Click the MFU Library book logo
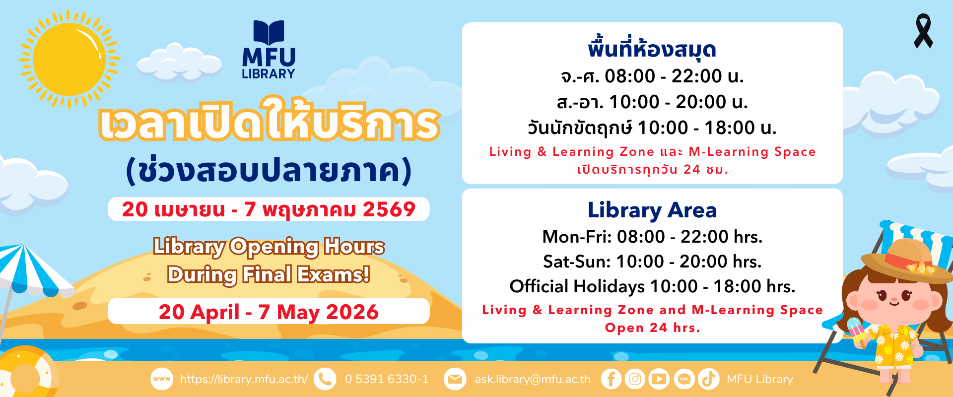[x=269, y=50]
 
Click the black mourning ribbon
[x=923, y=31]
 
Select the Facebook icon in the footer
[x=611, y=379]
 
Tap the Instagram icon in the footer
[x=635, y=379]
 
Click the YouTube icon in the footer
[x=659, y=379]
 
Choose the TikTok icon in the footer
[x=708, y=379]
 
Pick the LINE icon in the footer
[x=684, y=379]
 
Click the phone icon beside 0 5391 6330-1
[x=325, y=379]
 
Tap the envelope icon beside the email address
[x=455, y=379]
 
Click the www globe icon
[x=162, y=379]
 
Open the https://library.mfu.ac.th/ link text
[x=244, y=380]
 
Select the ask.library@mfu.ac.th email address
[x=533, y=380]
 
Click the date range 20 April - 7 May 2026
[x=269, y=312]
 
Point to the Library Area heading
[x=652, y=210]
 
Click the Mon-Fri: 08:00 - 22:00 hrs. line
[x=652, y=237]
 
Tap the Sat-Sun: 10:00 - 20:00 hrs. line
[x=652, y=262]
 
